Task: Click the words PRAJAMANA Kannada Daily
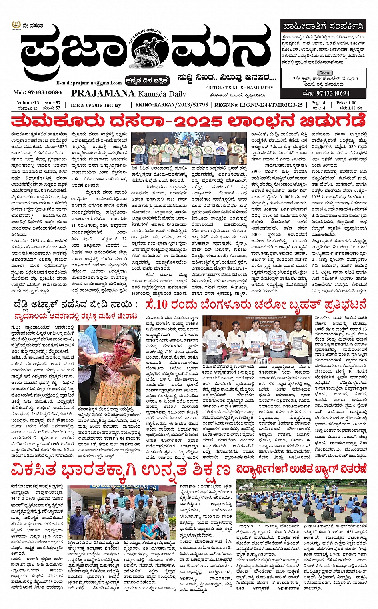coord(128,94)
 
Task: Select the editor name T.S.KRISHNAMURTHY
coord(250,87)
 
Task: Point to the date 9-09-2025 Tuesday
coord(96,105)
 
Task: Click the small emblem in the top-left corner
coord(16,26)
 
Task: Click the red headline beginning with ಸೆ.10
coord(256,305)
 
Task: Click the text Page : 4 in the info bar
coord(318,103)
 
